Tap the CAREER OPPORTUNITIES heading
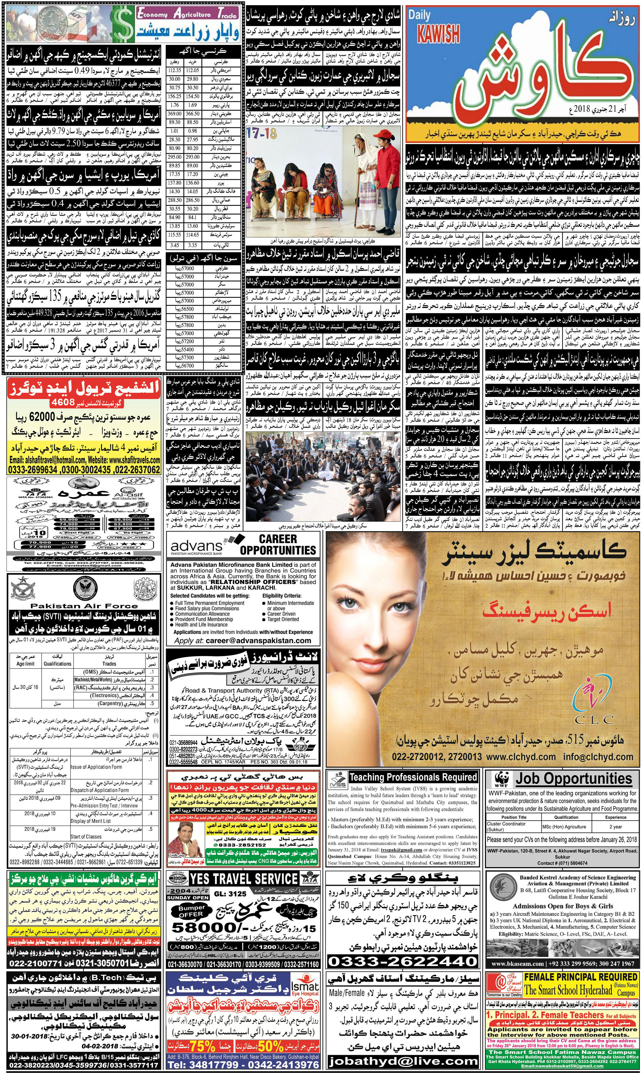278,544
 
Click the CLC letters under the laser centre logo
595,719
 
